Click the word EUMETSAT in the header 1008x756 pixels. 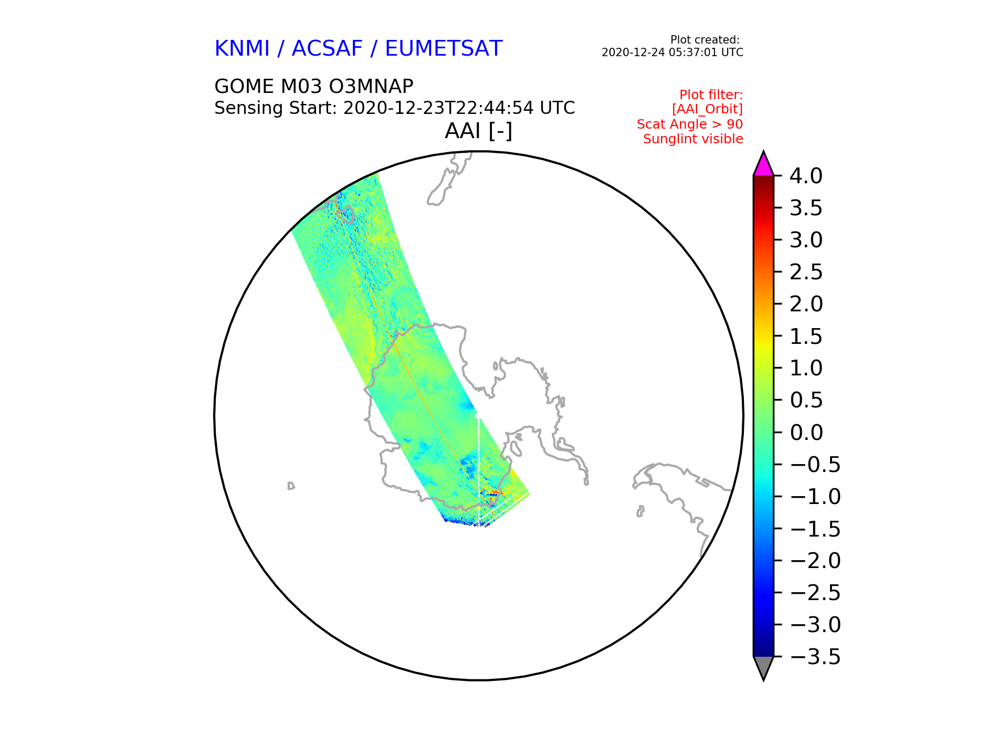tap(444, 49)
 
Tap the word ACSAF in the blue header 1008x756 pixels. tap(327, 49)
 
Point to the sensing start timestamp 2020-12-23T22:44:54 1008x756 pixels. tap(439, 108)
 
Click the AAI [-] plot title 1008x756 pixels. tap(478, 131)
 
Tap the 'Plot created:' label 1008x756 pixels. tap(705, 40)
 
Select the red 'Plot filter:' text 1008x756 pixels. tap(711, 95)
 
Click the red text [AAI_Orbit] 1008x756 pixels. tap(708, 109)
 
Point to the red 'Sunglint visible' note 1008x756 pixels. tap(693, 139)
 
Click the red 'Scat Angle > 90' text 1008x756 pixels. tap(690, 124)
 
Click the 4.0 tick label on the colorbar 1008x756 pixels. tap(806, 176)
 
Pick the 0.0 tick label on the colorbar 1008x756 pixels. tap(806, 433)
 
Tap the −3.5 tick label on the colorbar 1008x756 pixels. tap(815, 657)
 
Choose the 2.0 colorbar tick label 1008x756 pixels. tap(806, 304)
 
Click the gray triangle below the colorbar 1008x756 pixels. tap(763, 667)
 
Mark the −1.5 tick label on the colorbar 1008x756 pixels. tap(815, 529)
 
